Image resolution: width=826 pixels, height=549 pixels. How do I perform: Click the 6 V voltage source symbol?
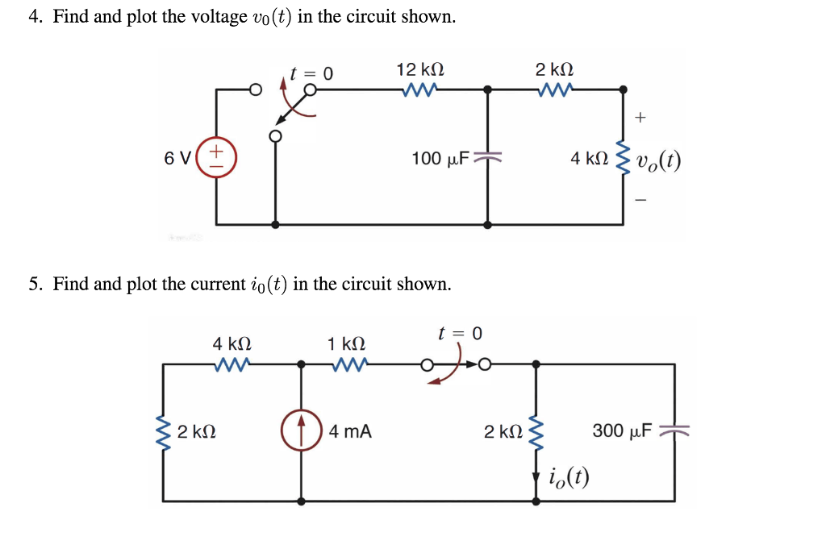pos(216,156)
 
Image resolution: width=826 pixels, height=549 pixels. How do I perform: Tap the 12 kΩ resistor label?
pos(419,70)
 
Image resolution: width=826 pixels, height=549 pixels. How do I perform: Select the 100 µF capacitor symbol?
pos(486,157)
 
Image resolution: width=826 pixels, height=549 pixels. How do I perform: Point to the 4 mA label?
pos(350,431)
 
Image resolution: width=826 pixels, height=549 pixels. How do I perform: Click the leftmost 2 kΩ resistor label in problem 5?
pos(196,431)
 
